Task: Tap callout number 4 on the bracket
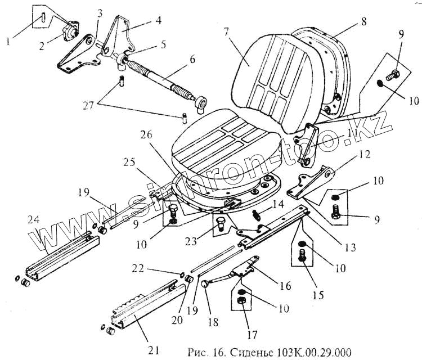tap(159, 20)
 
